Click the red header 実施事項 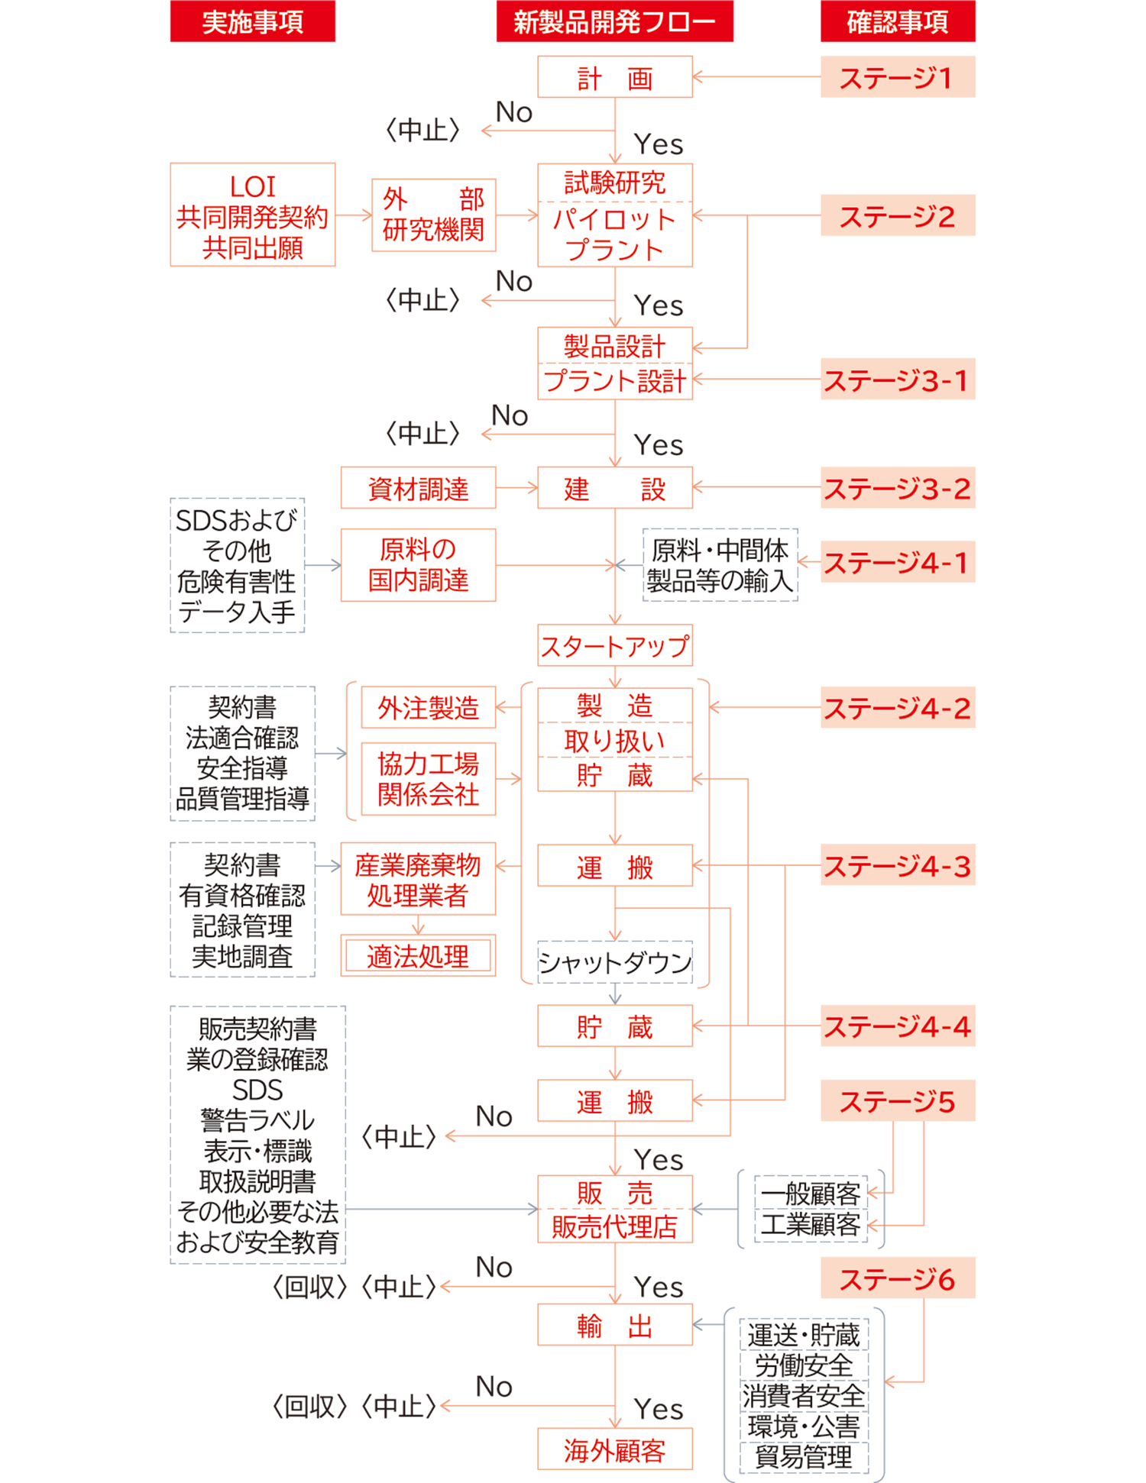[x=253, y=22]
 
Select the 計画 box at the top [x=615, y=77]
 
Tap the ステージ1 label [x=897, y=77]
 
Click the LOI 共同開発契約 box [x=253, y=215]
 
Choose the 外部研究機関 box [x=433, y=215]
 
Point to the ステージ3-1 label [x=897, y=380]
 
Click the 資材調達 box [x=418, y=488]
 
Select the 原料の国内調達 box [x=418, y=565]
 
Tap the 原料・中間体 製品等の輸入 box [x=720, y=565]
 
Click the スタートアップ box [x=615, y=646]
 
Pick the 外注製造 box [x=428, y=708]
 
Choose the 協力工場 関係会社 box [x=428, y=778]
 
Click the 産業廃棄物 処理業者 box [x=418, y=879]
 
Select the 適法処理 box [x=418, y=955]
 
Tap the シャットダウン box [x=615, y=962]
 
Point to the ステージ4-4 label [x=897, y=1026]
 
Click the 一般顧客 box [x=811, y=1193]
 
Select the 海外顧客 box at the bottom [x=615, y=1449]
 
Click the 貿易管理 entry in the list [x=804, y=1456]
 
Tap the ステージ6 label [x=897, y=1278]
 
